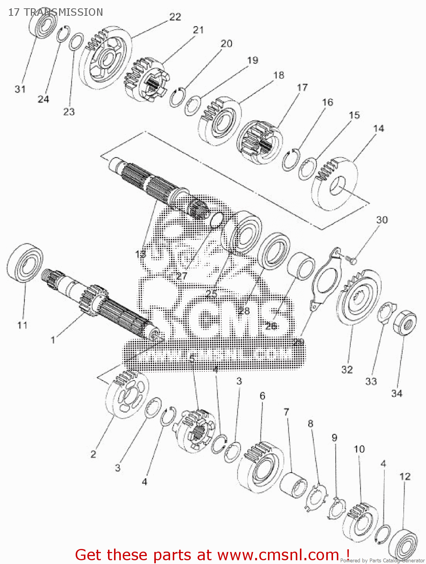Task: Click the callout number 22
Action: [175, 17]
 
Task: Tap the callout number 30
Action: [382, 220]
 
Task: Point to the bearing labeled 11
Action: [24, 264]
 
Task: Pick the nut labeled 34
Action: [405, 323]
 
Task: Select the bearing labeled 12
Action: [403, 539]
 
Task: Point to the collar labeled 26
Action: [301, 266]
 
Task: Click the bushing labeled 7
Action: [293, 485]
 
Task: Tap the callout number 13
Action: [140, 254]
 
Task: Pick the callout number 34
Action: [397, 393]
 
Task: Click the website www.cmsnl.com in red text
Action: [278, 555]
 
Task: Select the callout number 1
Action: [53, 340]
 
